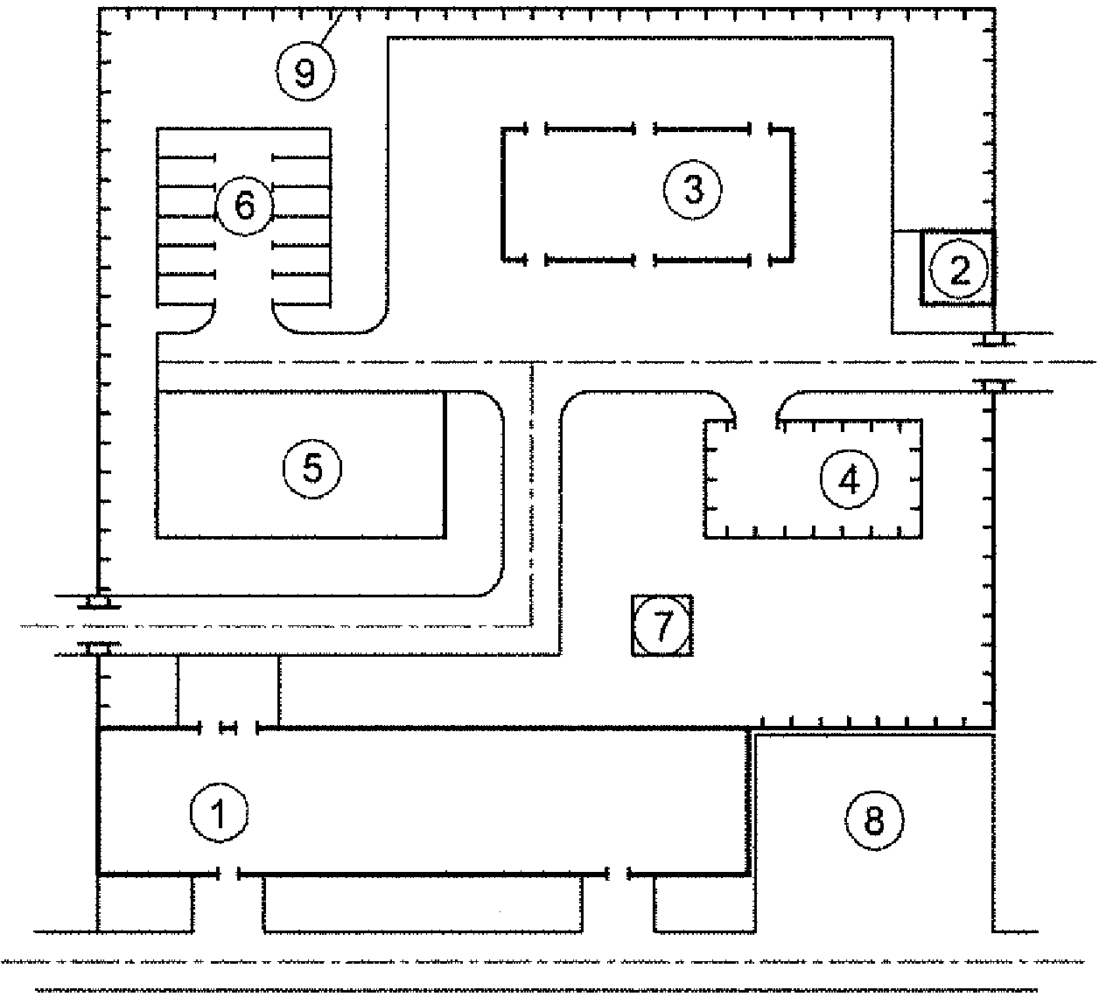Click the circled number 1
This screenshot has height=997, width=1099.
click(x=219, y=813)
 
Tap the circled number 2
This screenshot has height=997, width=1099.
click(x=959, y=269)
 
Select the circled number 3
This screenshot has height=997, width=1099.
click(x=692, y=190)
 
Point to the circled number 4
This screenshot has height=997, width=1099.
click(x=849, y=479)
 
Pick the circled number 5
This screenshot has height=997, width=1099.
click(x=312, y=469)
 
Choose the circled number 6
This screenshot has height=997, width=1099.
click(x=244, y=206)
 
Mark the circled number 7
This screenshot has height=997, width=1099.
click(x=662, y=624)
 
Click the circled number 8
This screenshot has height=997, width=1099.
click(x=874, y=820)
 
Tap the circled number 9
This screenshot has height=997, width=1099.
click(x=305, y=71)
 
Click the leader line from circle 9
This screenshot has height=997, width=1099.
click(x=331, y=28)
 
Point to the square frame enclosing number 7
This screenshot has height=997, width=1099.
click(x=633, y=625)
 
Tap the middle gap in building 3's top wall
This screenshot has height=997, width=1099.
click(x=645, y=129)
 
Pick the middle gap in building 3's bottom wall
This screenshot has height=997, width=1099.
click(x=645, y=261)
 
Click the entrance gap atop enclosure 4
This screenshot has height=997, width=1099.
click(x=756, y=421)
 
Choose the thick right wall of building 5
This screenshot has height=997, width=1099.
click(x=444, y=464)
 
